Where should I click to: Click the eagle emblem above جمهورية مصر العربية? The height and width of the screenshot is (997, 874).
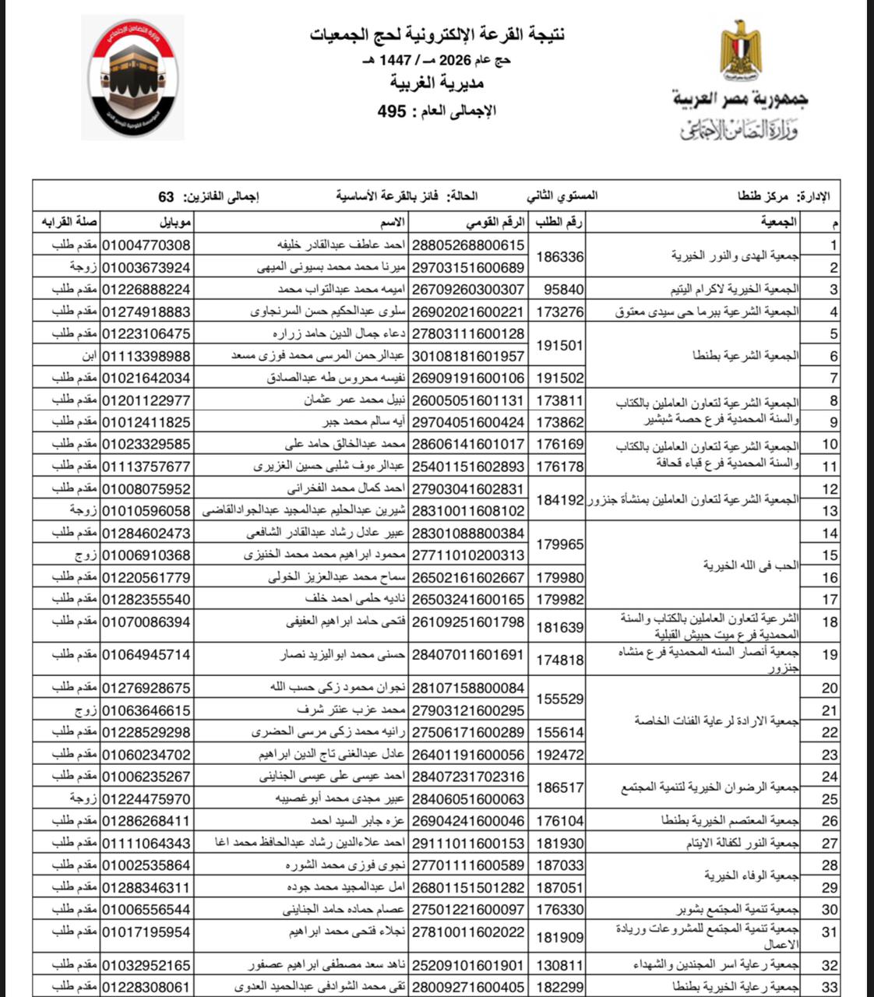coord(741,53)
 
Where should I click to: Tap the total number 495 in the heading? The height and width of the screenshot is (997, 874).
coord(392,111)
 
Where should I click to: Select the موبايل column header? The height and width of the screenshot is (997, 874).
coord(177,223)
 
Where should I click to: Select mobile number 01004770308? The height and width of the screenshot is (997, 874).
coord(146,245)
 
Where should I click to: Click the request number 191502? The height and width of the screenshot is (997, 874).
coord(560,378)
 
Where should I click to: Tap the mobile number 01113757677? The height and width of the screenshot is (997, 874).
coord(146,467)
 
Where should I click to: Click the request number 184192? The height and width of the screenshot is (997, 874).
coord(560,500)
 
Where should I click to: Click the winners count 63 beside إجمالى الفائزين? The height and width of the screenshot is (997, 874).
coord(166,197)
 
